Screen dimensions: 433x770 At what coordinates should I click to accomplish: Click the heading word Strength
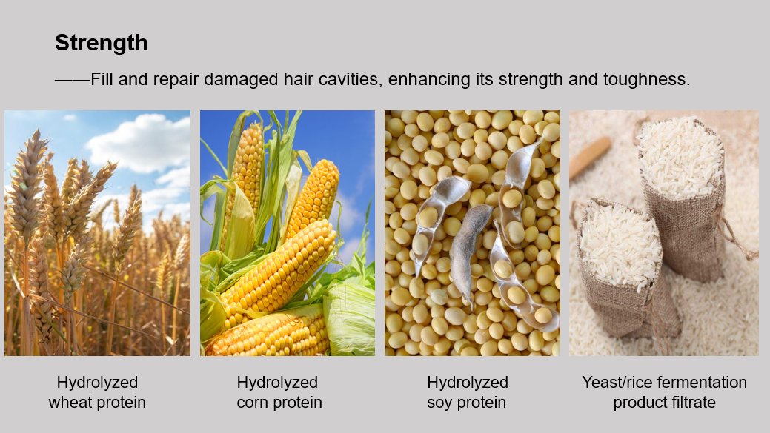(x=102, y=43)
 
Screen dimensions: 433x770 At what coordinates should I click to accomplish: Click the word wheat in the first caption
(x=70, y=403)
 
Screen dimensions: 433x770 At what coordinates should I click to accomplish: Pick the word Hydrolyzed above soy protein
(x=468, y=383)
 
